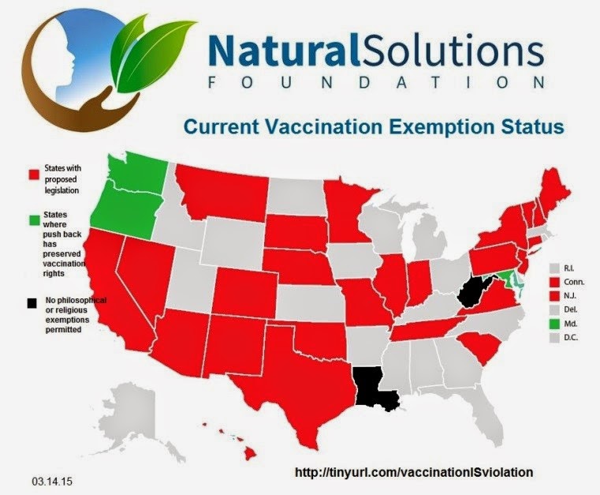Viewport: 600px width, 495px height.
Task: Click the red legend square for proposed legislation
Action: click(34, 174)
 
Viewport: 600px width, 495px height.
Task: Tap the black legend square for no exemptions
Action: click(32, 303)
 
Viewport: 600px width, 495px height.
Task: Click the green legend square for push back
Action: click(35, 220)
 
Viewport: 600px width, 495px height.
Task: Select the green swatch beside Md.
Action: click(554, 324)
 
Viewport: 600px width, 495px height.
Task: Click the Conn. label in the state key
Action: click(574, 282)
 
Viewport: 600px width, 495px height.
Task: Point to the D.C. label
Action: click(571, 338)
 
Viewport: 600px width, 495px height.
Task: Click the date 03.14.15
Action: click(53, 482)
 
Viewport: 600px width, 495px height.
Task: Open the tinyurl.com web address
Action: click(414, 472)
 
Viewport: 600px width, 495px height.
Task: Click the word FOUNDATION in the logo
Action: click(377, 83)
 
